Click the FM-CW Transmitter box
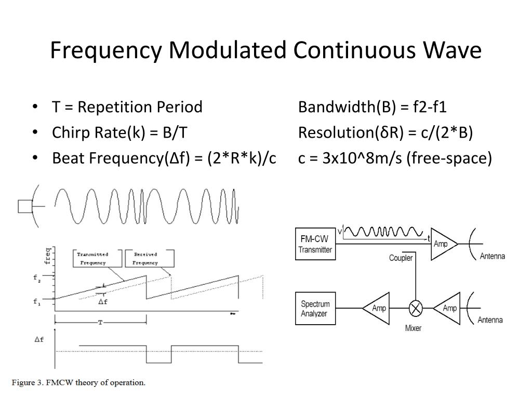pyautogui.click(x=315, y=244)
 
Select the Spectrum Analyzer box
pyautogui.click(x=315, y=309)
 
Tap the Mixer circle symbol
pyautogui.click(x=416, y=309)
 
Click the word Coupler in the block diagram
pyautogui.click(x=401, y=258)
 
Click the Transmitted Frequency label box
pyautogui.click(x=93, y=258)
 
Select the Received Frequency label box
pyautogui.click(x=145, y=258)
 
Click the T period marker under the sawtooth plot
pyautogui.click(x=100, y=323)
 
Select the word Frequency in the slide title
pyautogui.click(x=107, y=50)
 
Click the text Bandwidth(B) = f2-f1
pyautogui.click(x=373, y=108)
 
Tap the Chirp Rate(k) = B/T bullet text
pyautogui.click(x=119, y=132)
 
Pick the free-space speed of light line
pyautogui.click(x=395, y=157)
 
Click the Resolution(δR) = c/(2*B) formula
pyautogui.click(x=385, y=132)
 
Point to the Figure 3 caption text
pyautogui.click(x=79, y=383)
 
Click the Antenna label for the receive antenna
pyautogui.click(x=490, y=320)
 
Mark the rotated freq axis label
pyautogui.click(x=48, y=255)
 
